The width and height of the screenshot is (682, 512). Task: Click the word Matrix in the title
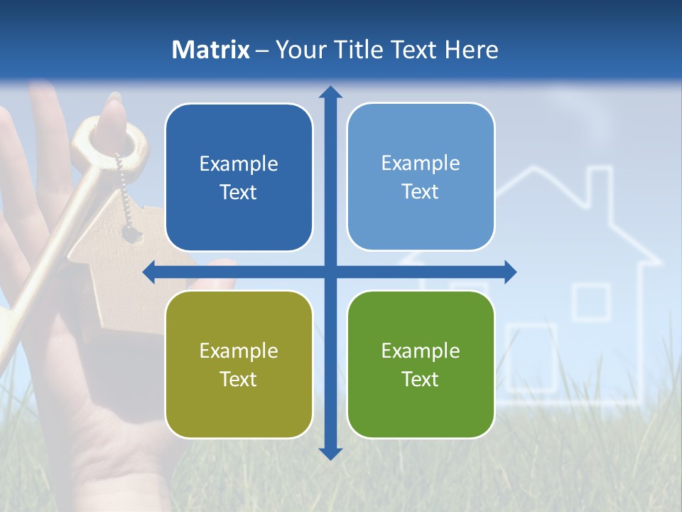(x=210, y=50)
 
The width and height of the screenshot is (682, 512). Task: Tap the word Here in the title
(x=471, y=50)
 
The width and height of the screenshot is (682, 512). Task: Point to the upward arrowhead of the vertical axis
(x=330, y=92)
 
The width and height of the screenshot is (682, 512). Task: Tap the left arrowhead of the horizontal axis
(x=150, y=272)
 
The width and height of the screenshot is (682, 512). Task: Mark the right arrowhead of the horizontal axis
(x=509, y=272)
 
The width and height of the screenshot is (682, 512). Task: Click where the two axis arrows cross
(x=330, y=272)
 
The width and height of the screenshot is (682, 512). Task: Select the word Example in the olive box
(x=239, y=351)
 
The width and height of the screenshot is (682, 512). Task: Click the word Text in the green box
(x=421, y=379)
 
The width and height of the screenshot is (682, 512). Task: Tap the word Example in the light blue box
(x=421, y=164)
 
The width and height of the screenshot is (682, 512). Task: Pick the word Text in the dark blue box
(x=239, y=192)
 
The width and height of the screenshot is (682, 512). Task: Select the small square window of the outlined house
(x=591, y=302)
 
